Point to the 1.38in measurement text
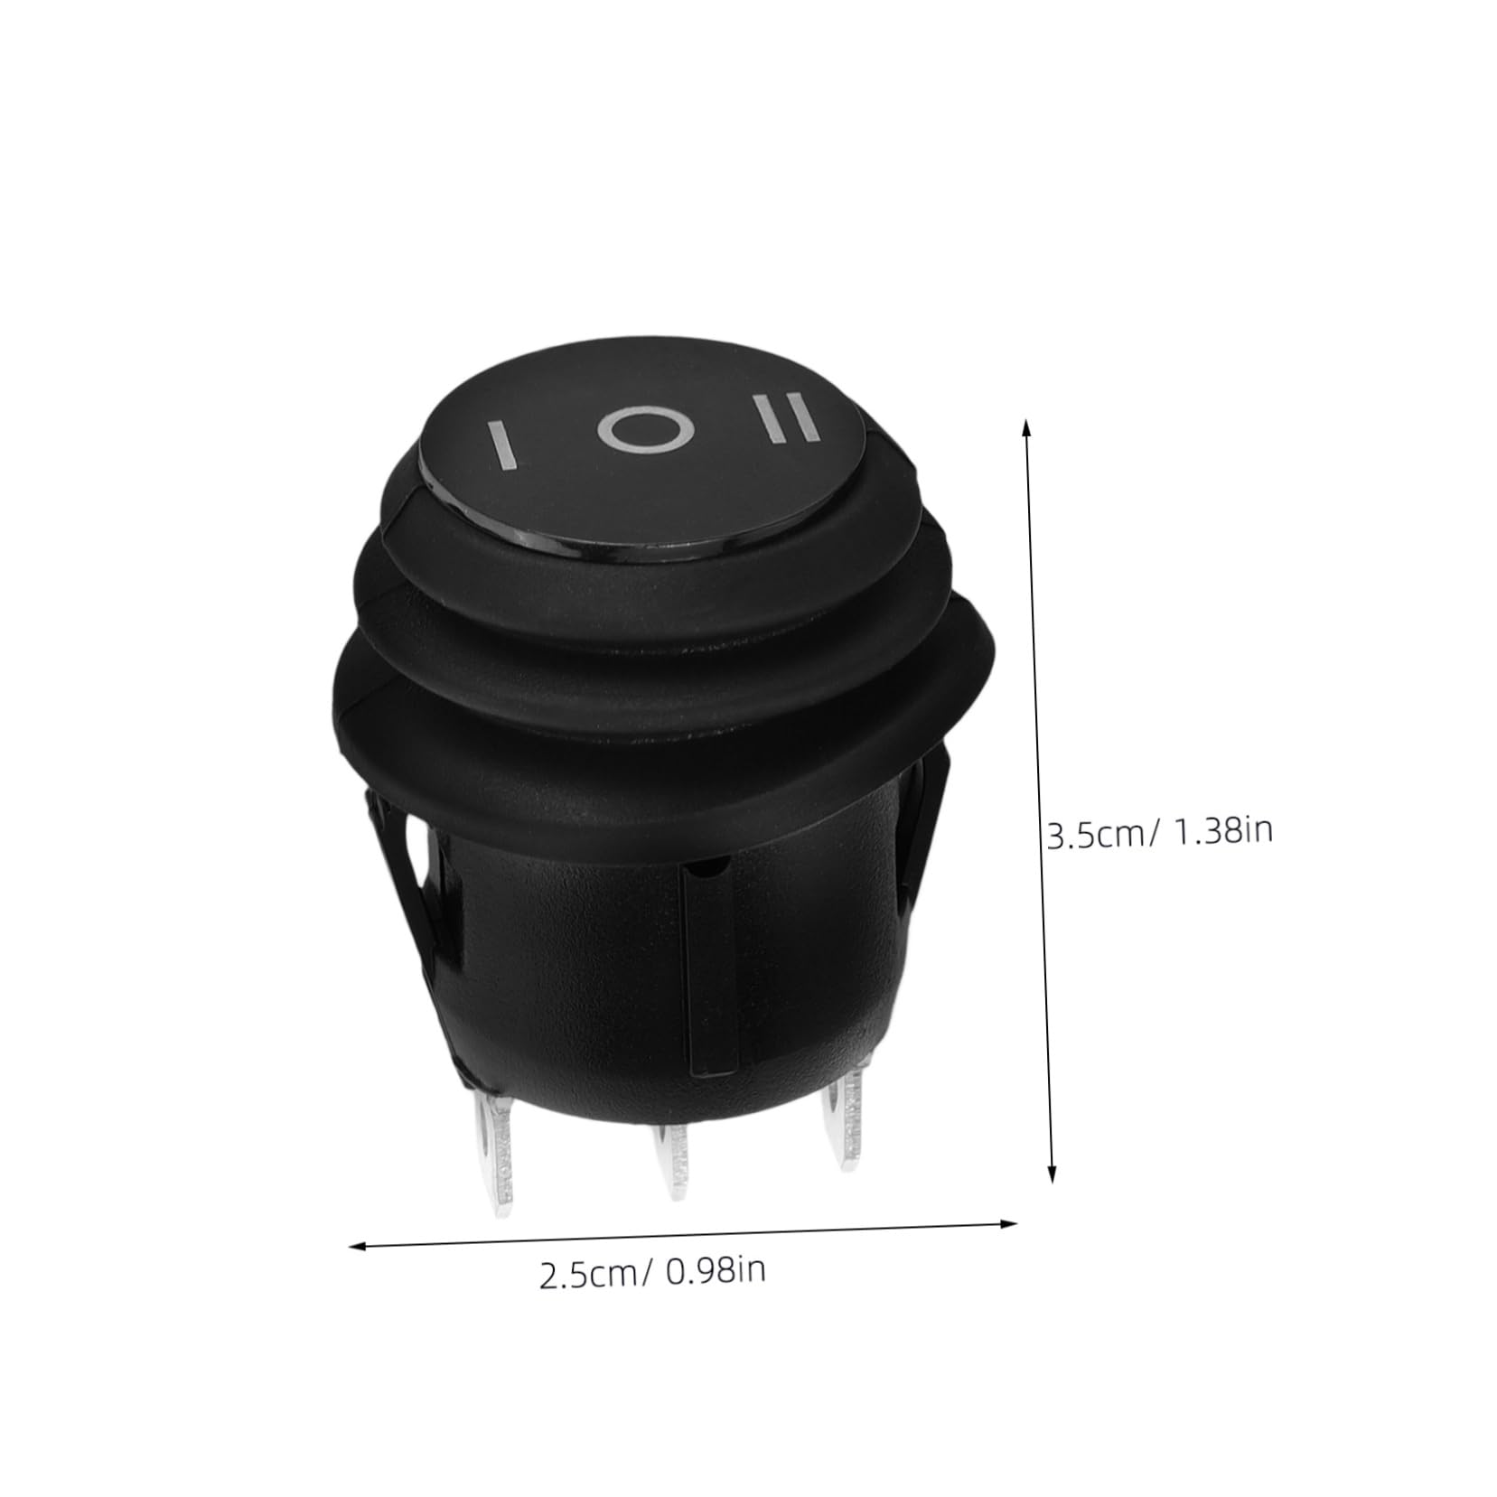click(x=1221, y=829)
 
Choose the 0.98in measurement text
click(x=716, y=1271)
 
